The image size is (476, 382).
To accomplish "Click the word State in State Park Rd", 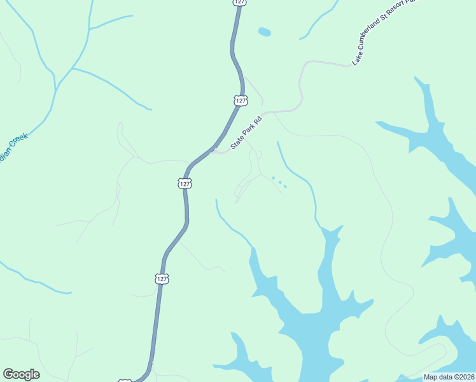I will [236, 144].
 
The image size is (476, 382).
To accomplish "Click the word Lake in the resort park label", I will [358, 60].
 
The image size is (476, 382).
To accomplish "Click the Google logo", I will [21, 374].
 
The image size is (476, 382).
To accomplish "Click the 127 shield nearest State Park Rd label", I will [239, 101].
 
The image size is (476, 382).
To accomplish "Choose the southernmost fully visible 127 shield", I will [162, 279].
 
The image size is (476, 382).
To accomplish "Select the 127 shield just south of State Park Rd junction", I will [184, 183].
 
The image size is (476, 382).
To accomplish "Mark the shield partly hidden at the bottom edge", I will [125, 380].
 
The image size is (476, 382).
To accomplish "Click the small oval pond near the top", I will [264, 31].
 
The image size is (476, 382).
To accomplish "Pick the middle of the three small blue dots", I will [279, 182].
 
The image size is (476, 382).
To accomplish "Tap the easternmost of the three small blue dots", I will [285, 187].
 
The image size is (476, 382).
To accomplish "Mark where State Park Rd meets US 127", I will [212, 151].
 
